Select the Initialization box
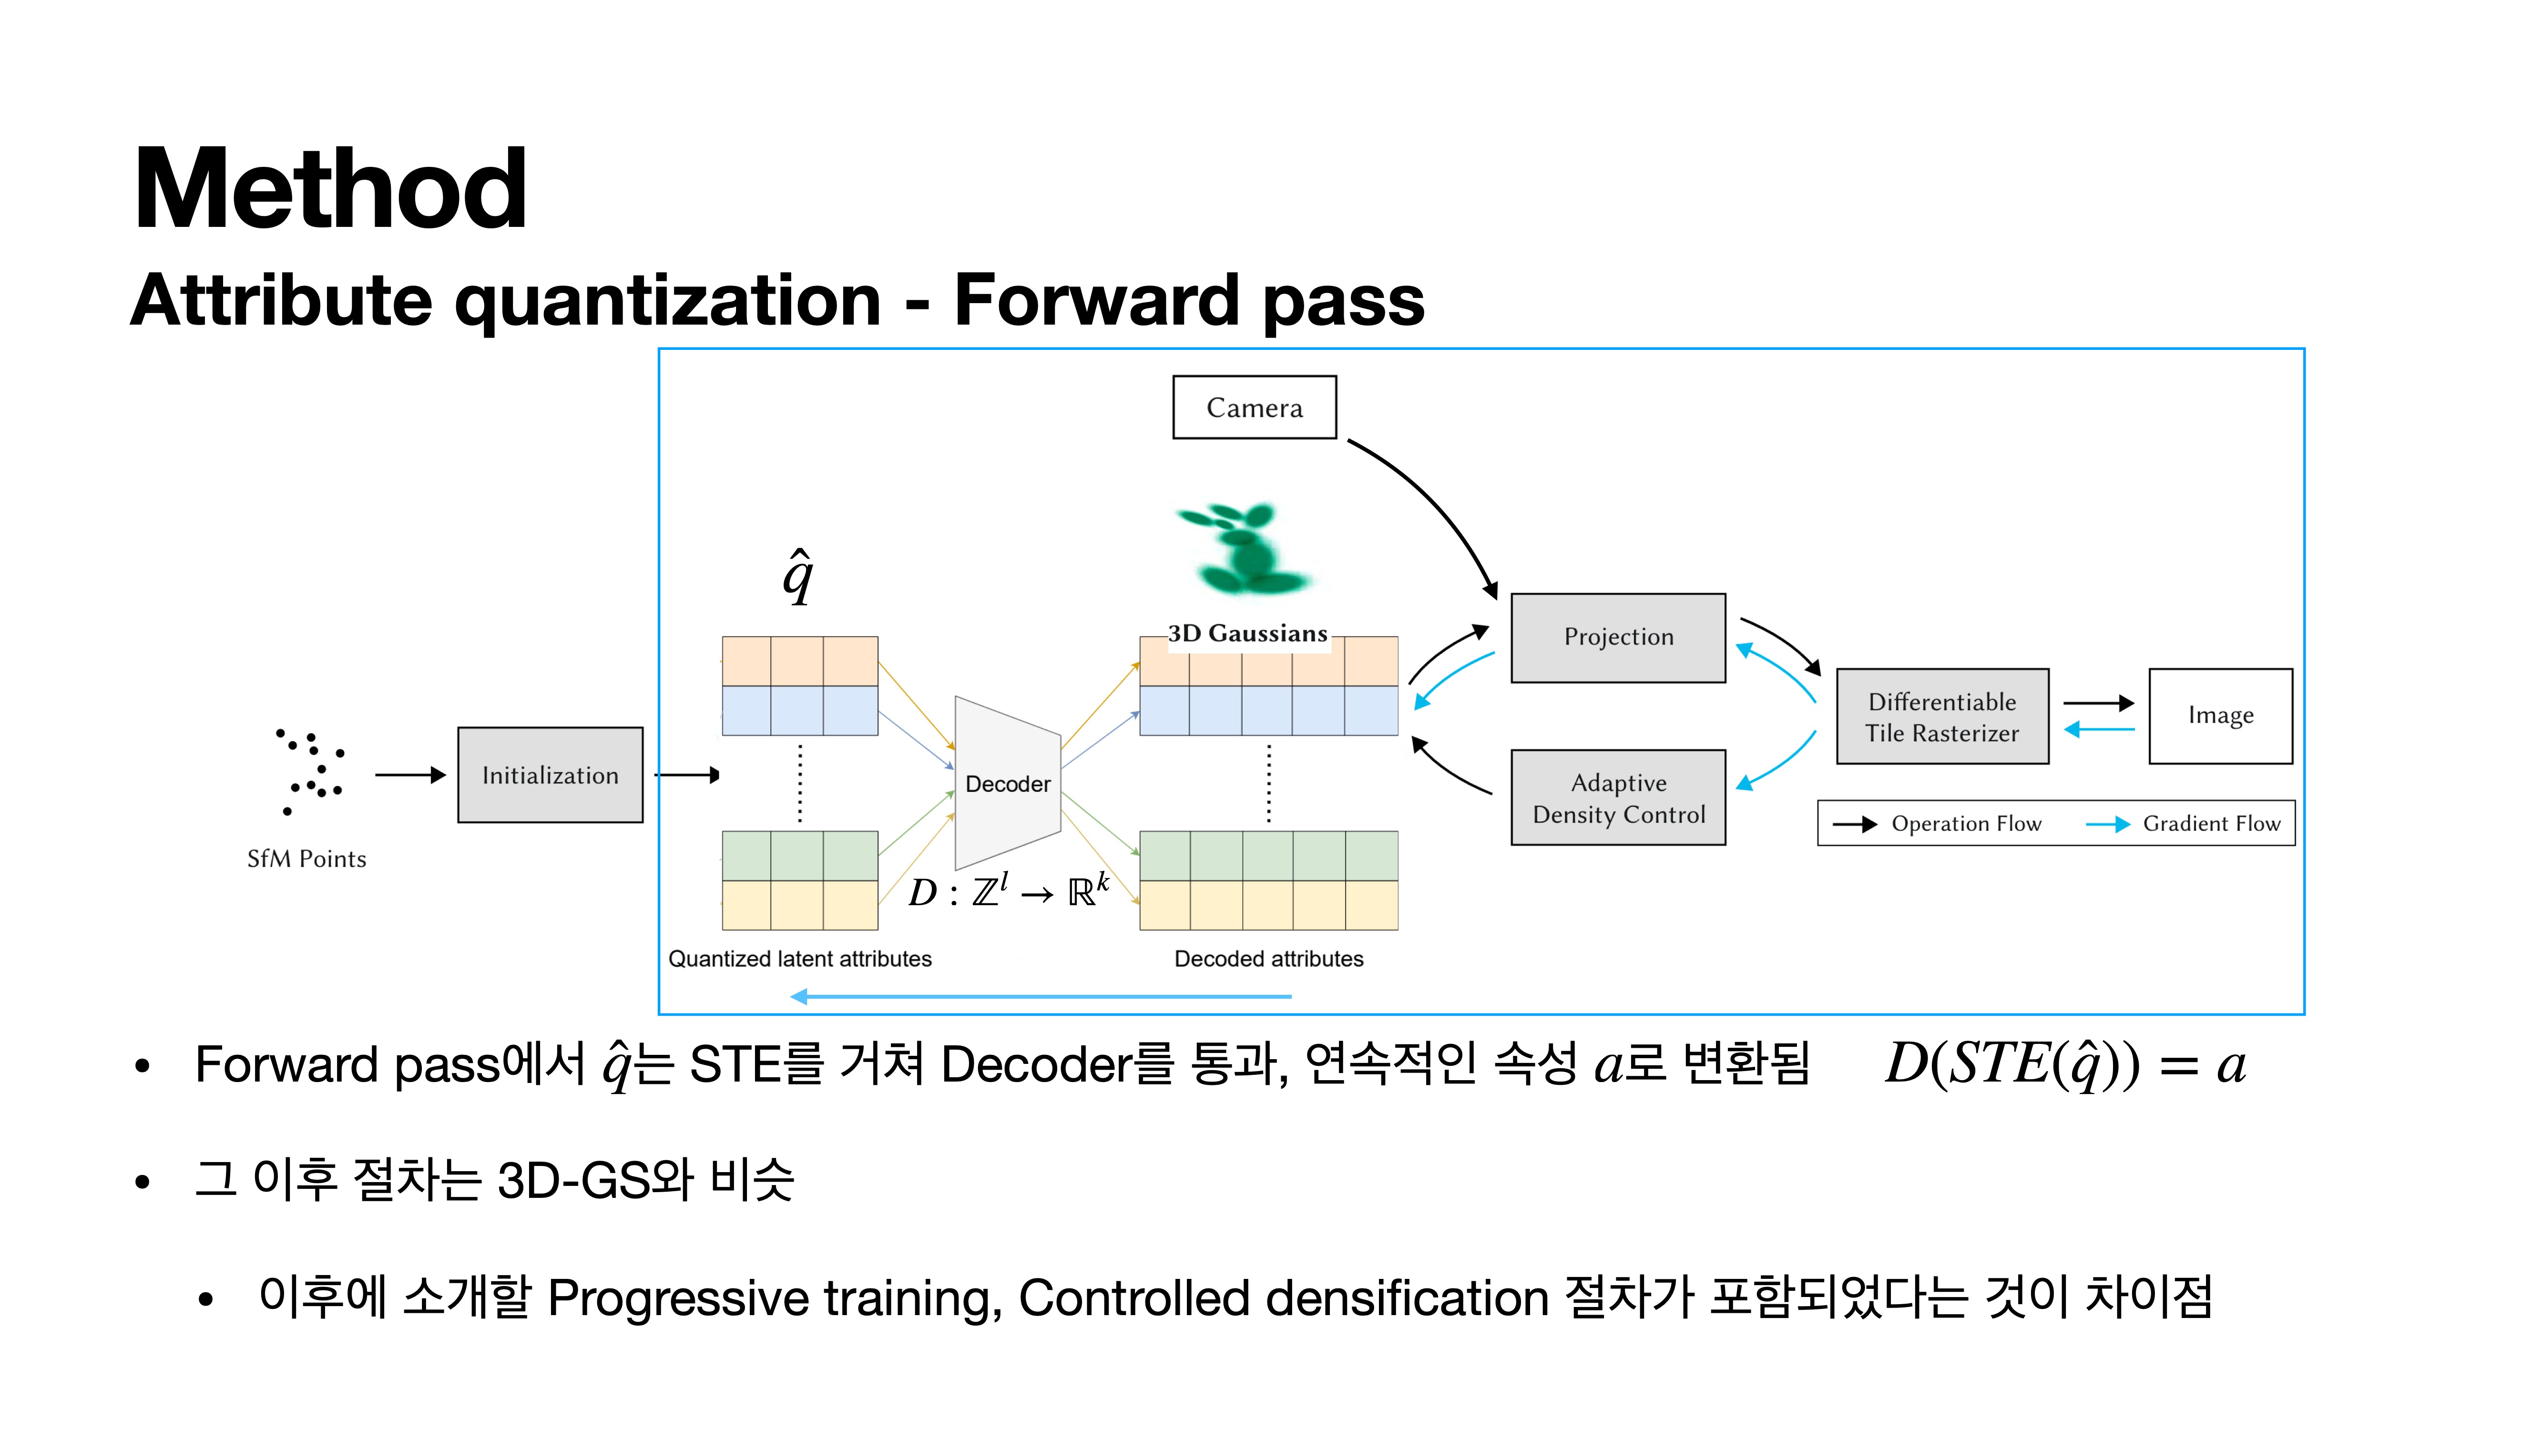point(550,775)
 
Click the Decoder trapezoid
point(1007,784)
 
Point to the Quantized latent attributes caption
point(799,958)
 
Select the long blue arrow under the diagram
point(1041,997)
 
